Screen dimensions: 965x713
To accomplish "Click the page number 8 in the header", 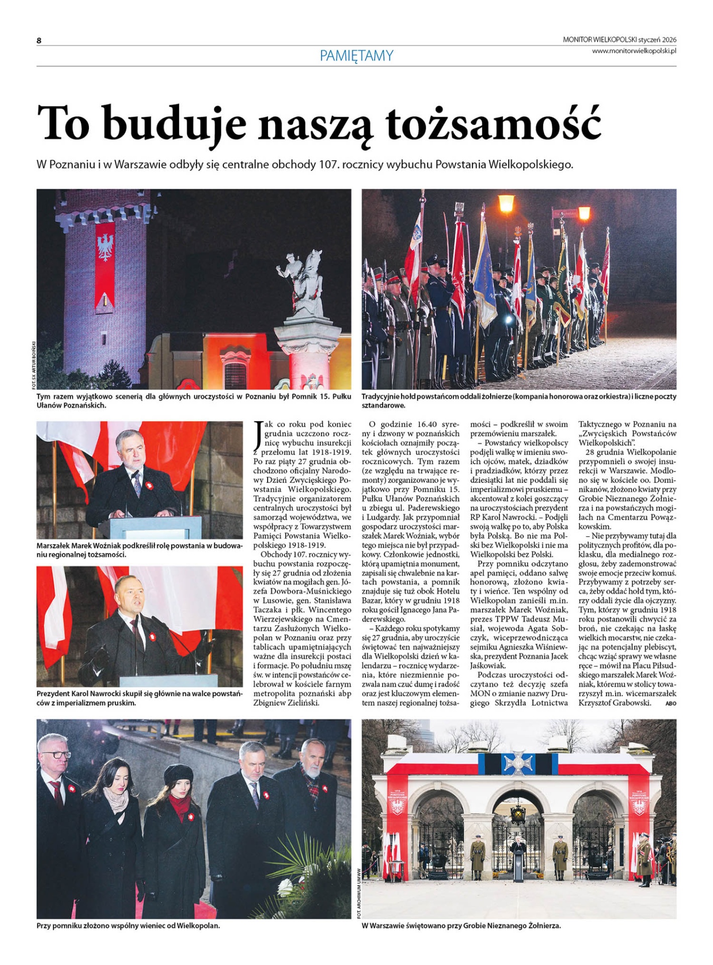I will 39,41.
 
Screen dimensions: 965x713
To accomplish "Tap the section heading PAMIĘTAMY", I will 356,55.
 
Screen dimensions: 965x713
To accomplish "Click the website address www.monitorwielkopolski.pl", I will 634,50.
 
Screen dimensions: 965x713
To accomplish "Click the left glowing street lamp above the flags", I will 506,204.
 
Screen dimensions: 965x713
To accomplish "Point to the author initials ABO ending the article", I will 670,704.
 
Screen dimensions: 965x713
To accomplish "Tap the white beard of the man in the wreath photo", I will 313,769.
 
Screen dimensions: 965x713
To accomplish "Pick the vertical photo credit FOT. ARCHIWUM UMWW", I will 359,893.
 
